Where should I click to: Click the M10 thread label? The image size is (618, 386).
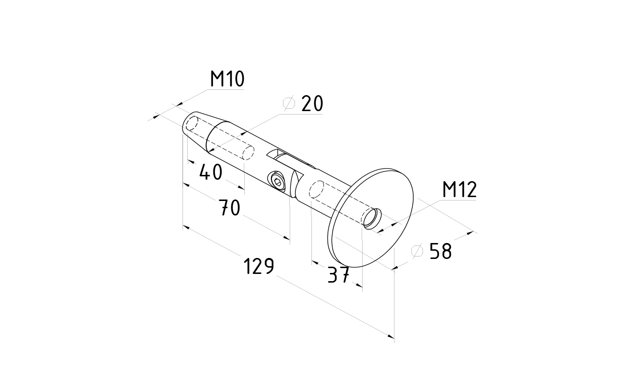(227, 79)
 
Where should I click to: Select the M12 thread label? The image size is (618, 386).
(459, 190)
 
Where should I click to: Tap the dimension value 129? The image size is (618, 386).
(258, 266)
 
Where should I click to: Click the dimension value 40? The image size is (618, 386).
(211, 172)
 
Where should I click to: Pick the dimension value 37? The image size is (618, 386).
(338, 275)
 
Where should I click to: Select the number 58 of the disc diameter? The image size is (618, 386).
(440, 251)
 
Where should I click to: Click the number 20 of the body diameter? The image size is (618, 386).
(311, 104)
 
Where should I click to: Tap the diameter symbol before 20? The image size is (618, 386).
(289, 104)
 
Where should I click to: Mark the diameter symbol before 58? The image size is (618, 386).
(417, 251)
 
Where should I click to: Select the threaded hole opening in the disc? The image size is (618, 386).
(373, 219)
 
